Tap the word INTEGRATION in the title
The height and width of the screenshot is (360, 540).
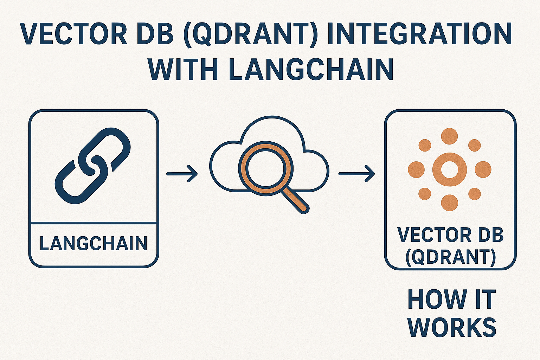(x=418, y=34)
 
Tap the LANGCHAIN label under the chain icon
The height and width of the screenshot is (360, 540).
(x=94, y=244)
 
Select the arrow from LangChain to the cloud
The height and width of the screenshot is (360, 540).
(x=182, y=174)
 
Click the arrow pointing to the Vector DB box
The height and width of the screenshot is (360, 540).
(x=356, y=174)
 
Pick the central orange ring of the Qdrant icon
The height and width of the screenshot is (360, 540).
(x=449, y=169)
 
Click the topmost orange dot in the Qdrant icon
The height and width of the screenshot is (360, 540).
(x=449, y=136)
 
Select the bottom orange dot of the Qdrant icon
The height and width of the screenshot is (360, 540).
(x=449, y=202)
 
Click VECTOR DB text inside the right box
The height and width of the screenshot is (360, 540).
(x=450, y=235)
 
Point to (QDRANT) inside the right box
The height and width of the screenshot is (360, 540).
(x=450, y=257)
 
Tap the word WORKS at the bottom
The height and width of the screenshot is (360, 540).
(x=452, y=327)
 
